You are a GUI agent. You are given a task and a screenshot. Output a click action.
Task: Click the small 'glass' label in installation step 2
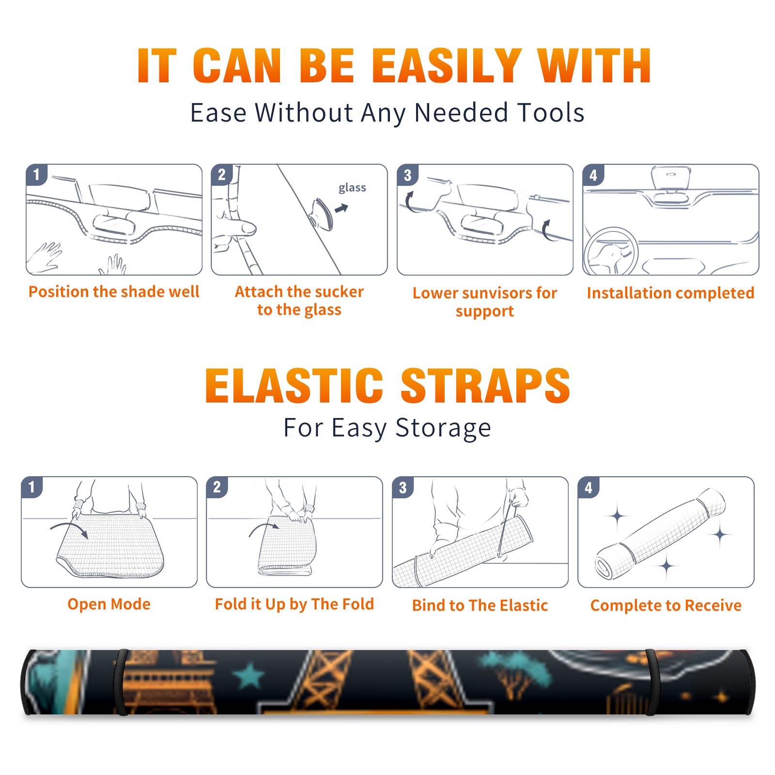coord(352,188)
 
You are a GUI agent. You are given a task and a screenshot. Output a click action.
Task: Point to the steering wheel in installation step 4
coord(610,252)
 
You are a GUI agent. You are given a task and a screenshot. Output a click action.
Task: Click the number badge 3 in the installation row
coord(408,175)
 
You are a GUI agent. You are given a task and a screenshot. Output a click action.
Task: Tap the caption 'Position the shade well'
coord(114,292)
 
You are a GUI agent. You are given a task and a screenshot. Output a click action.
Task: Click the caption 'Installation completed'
coord(670,293)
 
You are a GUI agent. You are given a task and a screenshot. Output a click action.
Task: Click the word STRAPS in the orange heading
coord(485,386)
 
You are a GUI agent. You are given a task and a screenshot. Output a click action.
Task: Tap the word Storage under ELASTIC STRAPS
coord(443,428)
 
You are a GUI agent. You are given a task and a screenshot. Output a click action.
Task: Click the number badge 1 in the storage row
coord(32,487)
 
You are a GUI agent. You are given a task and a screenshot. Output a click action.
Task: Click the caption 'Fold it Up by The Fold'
coord(294,604)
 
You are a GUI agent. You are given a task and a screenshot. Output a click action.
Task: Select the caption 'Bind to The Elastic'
coord(480,605)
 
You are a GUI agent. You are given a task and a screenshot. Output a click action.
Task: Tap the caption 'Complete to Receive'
coord(666,605)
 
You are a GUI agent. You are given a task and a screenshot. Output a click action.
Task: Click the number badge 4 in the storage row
coord(589,487)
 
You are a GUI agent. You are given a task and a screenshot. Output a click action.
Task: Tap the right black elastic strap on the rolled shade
coord(651,682)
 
